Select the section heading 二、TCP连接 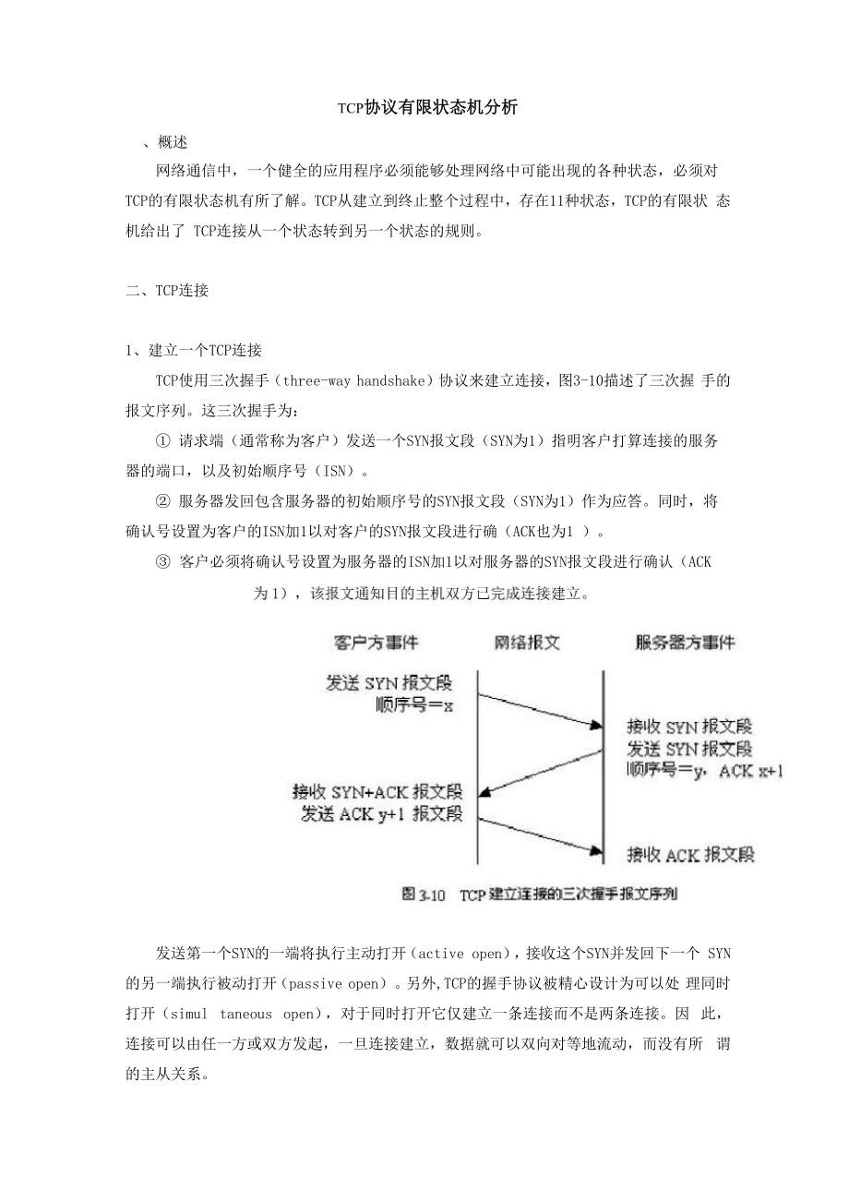point(167,291)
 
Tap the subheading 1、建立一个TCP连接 point(194,351)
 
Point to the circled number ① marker point(164,440)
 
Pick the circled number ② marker point(164,501)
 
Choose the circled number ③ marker point(164,562)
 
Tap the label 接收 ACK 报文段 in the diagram point(690,854)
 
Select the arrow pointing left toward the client point(540,771)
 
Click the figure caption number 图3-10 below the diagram point(424,895)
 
